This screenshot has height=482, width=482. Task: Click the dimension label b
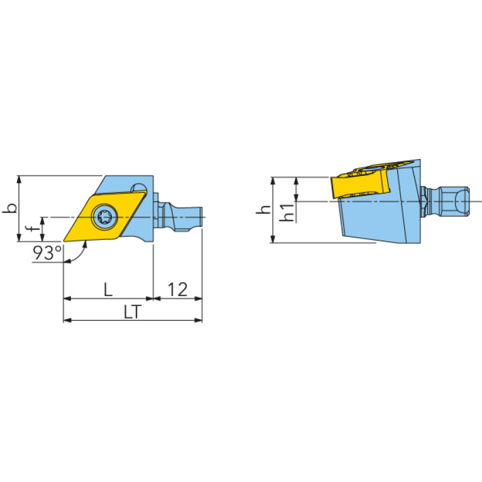tap(10, 208)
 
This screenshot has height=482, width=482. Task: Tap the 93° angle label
tap(47, 253)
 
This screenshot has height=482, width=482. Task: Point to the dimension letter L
tap(108, 289)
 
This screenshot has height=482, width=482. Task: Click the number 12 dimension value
tap(178, 289)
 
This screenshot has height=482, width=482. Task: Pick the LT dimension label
tap(133, 312)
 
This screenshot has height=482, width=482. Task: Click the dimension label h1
tap(287, 212)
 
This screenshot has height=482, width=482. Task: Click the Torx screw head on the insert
tap(105, 217)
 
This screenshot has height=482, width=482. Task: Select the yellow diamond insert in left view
tap(105, 216)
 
